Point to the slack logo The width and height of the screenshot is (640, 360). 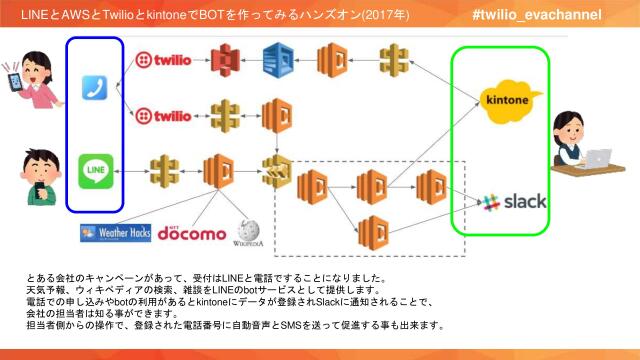(514, 202)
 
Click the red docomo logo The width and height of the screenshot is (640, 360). (192, 234)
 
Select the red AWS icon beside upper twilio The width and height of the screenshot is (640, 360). (232, 61)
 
